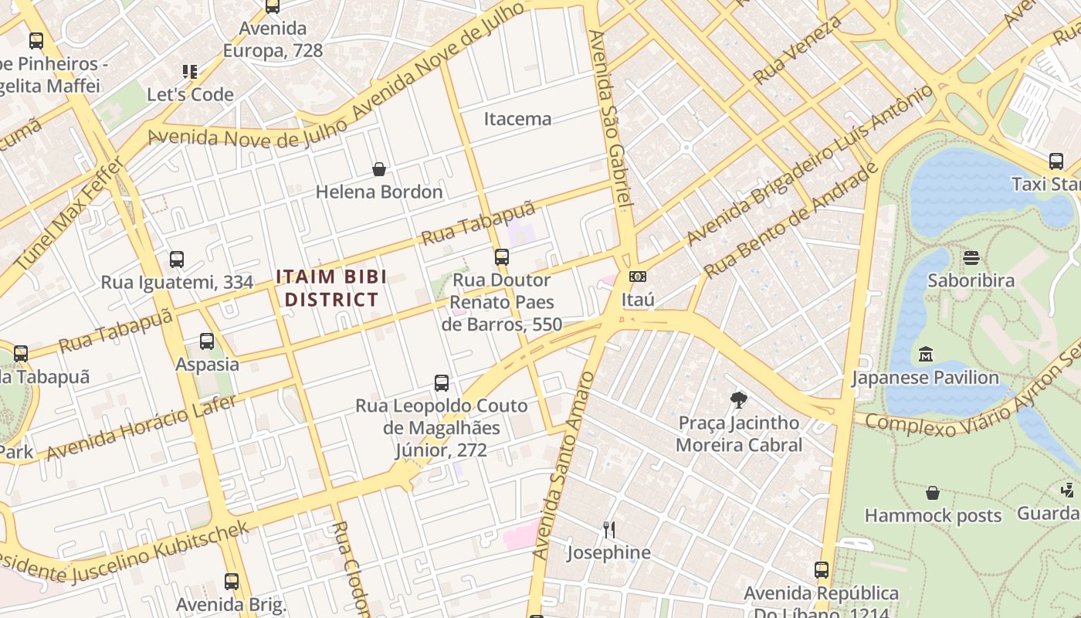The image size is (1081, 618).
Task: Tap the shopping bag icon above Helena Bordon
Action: (379, 169)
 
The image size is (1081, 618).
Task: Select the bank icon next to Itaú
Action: (638, 277)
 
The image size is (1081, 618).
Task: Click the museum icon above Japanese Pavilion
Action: (925, 355)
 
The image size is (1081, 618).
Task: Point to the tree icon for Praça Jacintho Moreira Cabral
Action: (738, 400)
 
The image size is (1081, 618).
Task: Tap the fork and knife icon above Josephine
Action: (608, 529)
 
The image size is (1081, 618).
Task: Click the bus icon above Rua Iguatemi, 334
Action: (177, 260)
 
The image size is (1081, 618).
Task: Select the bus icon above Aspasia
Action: (207, 341)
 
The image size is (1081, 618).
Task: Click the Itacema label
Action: (517, 119)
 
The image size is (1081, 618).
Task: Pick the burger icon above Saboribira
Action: (971, 257)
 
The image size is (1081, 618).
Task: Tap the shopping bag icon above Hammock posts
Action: (933, 493)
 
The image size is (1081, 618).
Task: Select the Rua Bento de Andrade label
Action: (792, 219)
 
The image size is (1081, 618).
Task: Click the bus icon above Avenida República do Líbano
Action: (822, 570)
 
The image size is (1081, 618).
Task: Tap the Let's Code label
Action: (190, 95)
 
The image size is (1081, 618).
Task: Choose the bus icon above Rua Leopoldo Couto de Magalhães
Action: (442, 382)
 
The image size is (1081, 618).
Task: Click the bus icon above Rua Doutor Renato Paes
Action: (502, 257)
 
